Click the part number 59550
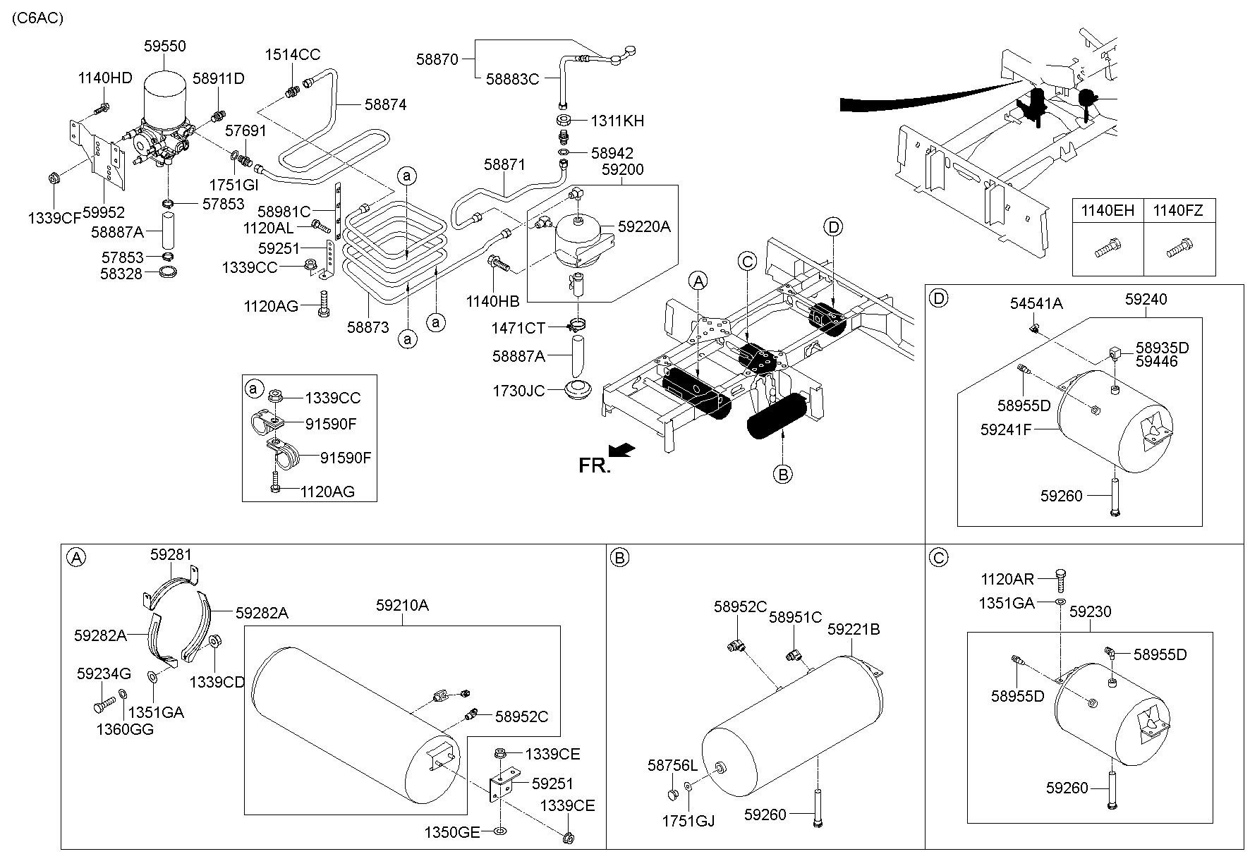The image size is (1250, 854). [x=164, y=46]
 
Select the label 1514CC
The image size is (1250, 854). [x=293, y=54]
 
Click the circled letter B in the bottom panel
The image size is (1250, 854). [x=619, y=559]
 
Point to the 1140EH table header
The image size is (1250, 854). [x=1108, y=209]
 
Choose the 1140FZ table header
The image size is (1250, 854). [x=1178, y=209]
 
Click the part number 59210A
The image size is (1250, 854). [x=402, y=605]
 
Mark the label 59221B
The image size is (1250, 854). [x=854, y=629]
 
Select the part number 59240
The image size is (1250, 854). [x=1146, y=299]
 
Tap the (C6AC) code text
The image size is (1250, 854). [x=37, y=18]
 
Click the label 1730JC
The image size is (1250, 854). [x=518, y=390]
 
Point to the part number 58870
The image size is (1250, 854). [x=437, y=59]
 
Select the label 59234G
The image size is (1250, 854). [x=104, y=674]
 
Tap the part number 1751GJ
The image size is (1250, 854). [x=688, y=821]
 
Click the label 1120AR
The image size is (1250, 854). [x=1007, y=580]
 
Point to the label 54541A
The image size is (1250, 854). [x=1036, y=303]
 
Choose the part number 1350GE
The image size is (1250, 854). [x=452, y=832]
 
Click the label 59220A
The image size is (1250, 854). [x=644, y=226]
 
